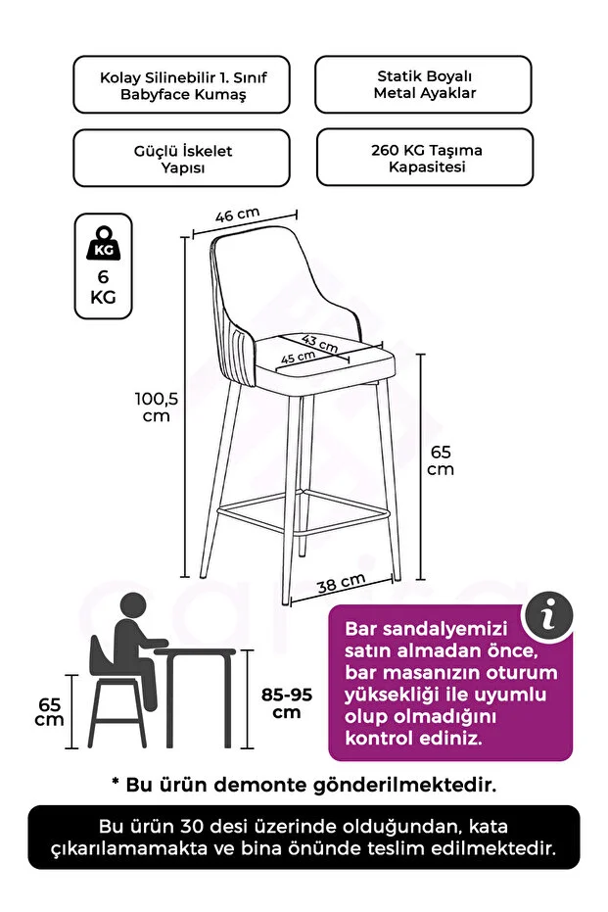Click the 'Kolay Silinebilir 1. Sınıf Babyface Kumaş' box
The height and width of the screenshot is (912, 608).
(181, 85)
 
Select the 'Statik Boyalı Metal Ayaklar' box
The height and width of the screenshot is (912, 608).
(423, 84)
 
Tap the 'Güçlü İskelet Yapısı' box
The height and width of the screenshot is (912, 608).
(181, 159)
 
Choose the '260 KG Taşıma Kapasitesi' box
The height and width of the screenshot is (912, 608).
(423, 158)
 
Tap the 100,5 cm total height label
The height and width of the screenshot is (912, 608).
(156, 407)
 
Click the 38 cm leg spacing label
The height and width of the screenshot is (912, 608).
(341, 586)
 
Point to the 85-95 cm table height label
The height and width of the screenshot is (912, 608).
(287, 702)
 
